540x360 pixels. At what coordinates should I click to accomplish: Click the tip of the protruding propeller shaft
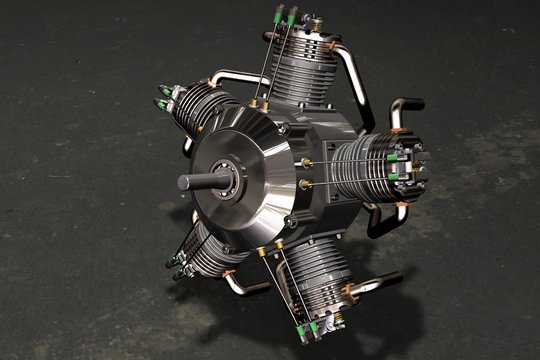pyautogui.click(x=183, y=182)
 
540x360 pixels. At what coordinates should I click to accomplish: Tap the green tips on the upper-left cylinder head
pyautogui.click(x=161, y=102)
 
